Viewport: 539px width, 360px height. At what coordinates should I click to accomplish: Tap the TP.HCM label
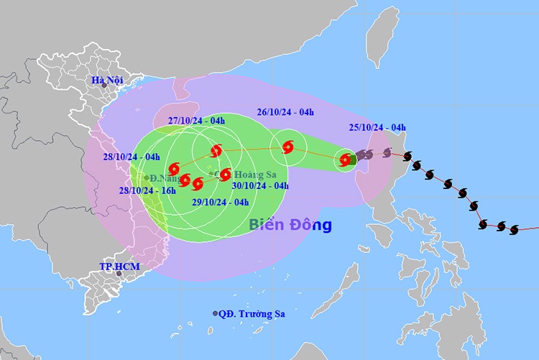click(119, 267)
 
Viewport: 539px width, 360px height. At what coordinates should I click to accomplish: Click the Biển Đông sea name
click(290, 225)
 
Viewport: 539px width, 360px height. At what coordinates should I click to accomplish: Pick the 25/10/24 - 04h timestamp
click(376, 128)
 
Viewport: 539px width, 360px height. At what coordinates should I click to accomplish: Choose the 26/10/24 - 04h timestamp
click(285, 112)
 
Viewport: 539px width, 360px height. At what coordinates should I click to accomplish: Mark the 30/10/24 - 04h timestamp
click(260, 185)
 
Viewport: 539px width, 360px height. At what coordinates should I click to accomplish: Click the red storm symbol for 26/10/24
click(288, 147)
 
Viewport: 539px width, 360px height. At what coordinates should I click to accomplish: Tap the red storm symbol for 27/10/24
click(216, 151)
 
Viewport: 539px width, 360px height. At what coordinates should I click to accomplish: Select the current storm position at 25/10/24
click(346, 159)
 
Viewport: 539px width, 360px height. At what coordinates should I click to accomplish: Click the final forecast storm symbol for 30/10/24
click(225, 174)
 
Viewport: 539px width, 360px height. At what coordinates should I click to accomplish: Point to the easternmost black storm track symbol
click(514, 230)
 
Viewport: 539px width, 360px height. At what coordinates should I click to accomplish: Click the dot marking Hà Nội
click(103, 86)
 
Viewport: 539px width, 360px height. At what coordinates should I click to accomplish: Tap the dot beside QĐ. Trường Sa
click(215, 314)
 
